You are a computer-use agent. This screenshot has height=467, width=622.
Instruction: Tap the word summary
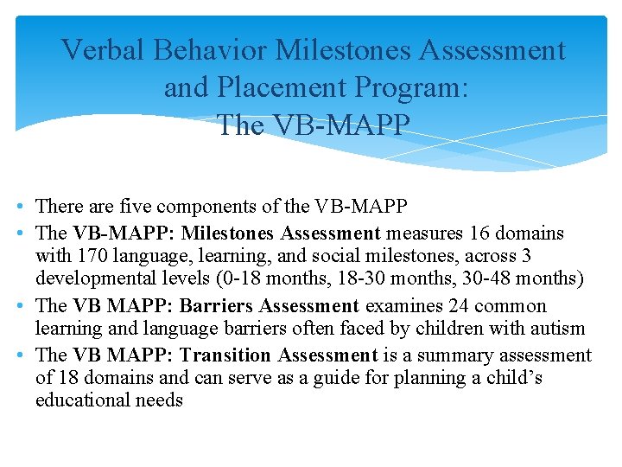pyautogui.click(x=446, y=355)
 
